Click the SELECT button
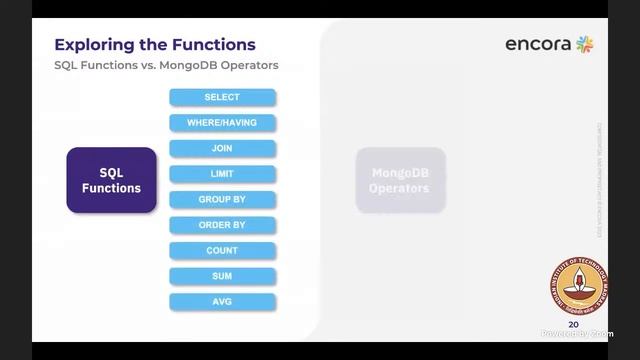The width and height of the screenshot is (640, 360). click(x=222, y=98)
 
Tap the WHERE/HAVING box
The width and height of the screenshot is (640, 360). click(x=222, y=123)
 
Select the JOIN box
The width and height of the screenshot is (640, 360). click(x=222, y=149)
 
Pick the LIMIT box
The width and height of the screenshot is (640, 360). click(x=222, y=174)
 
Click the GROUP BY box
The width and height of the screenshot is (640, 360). click(x=222, y=200)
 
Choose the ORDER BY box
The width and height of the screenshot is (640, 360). click(x=222, y=225)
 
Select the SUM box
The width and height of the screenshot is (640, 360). click(x=222, y=276)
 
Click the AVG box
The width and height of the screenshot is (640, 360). click(x=222, y=301)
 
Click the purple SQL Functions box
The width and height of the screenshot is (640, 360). click(x=111, y=180)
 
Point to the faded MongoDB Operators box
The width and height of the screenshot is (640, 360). click(x=400, y=180)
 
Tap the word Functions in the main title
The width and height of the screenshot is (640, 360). click(x=212, y=45)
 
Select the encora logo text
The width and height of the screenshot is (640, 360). click(x=538, y=44)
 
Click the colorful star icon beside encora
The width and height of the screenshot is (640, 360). click(x=585, y=44)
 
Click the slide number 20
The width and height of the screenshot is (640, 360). click(x=573, y=325)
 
